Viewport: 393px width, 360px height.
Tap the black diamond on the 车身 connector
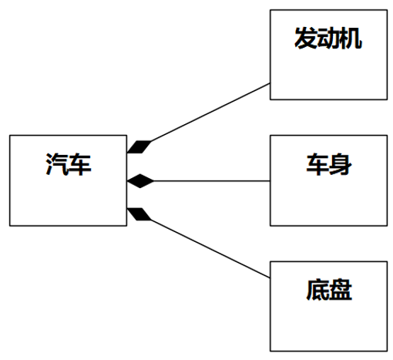click(140, 181)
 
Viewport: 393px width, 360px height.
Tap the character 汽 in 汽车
click(57, 164)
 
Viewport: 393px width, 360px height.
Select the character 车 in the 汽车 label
click(79, 164)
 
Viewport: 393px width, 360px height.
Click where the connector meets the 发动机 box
click(270, 83)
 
